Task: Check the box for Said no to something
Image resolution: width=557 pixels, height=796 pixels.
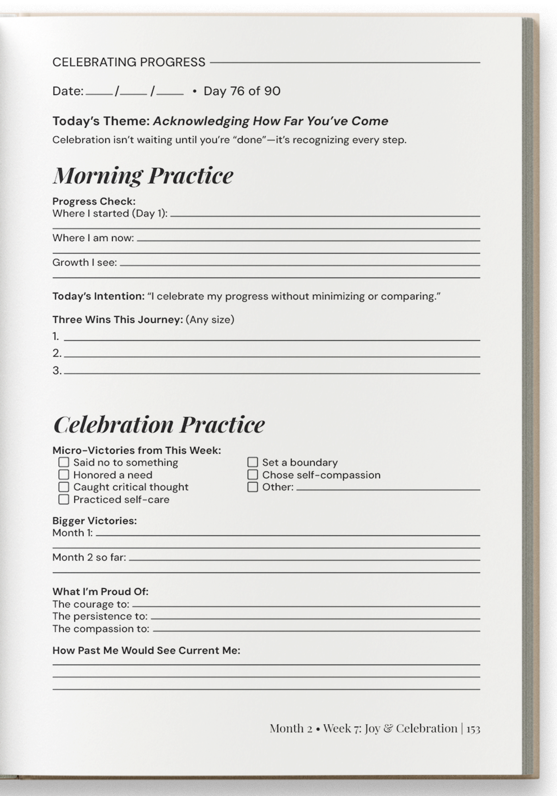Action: tap(64, 462)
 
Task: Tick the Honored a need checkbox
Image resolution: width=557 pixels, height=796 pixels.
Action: tap(64, 474)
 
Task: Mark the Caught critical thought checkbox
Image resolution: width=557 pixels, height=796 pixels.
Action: tap(64, 487)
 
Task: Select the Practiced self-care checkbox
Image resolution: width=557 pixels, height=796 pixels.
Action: tap(64, 499)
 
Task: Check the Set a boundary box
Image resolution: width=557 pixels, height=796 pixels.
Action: tap(253, 462)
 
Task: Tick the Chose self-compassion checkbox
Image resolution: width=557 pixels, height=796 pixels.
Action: tap(253, 474)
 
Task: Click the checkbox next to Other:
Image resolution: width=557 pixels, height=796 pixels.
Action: tap(253, 487)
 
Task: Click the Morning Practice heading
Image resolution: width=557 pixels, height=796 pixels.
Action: tap(143, 176)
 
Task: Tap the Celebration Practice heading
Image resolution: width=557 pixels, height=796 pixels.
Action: tap(159, 424)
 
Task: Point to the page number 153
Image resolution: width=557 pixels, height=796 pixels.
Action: tap(473, 729)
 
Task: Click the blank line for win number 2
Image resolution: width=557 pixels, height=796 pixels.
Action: tap(272, 354)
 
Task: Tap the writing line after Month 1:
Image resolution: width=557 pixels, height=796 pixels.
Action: tap(288, 533)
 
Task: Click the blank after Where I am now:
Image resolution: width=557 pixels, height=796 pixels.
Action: tap(308, 238)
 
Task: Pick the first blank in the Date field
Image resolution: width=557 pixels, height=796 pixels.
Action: tap(99, 92)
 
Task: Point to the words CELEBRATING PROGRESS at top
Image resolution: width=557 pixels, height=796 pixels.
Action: tap(129, 62)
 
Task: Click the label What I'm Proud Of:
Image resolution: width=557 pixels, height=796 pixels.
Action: tap(100, 591)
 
